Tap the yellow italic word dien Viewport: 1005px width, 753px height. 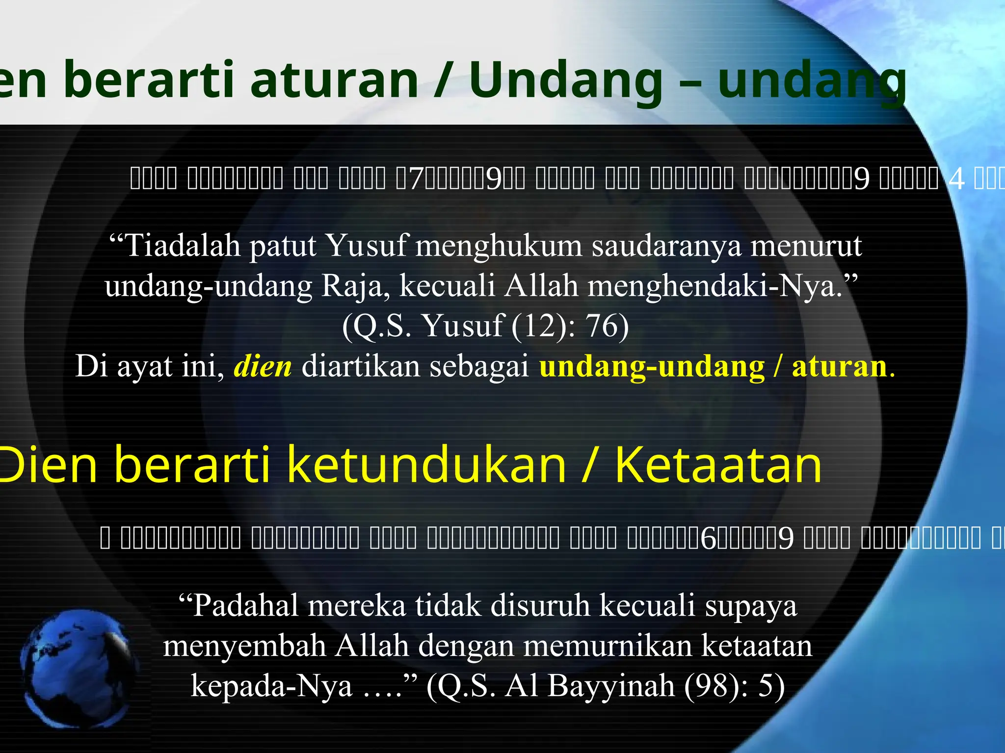pyautogui.click(x=263, y=366)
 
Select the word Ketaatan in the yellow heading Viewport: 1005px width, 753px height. pyautogui.click(x=718, y=464)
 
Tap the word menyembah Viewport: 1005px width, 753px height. pyautogui.click(x=244, y=646)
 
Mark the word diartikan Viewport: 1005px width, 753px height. pyautogui.click(x=361, y=366)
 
